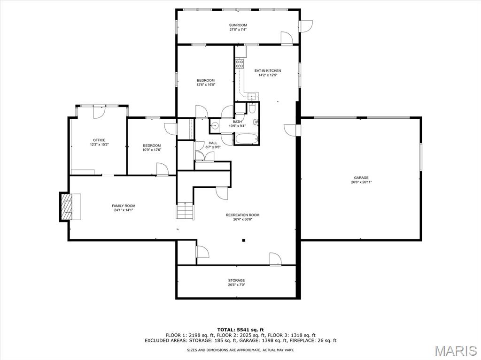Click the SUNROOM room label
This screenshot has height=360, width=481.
point(238,25)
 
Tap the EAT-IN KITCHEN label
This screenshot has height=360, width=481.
point(267,70)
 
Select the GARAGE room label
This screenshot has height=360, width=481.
point(361,177)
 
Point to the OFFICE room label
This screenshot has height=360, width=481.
point(99,140)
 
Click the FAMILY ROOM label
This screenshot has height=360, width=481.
point(124,206)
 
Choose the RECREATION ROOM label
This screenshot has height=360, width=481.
point(242,215)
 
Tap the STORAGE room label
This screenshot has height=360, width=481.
point(236,280)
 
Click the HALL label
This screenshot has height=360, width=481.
point(213,143)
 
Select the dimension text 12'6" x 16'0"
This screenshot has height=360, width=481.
point(205,85)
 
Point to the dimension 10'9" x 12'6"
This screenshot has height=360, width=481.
point(152,150)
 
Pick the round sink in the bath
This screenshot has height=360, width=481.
point(214,125)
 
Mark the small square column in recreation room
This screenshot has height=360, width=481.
point(244,240)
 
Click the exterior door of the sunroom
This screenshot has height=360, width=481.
point(306,26)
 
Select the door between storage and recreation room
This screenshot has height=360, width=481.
point(275,260)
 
